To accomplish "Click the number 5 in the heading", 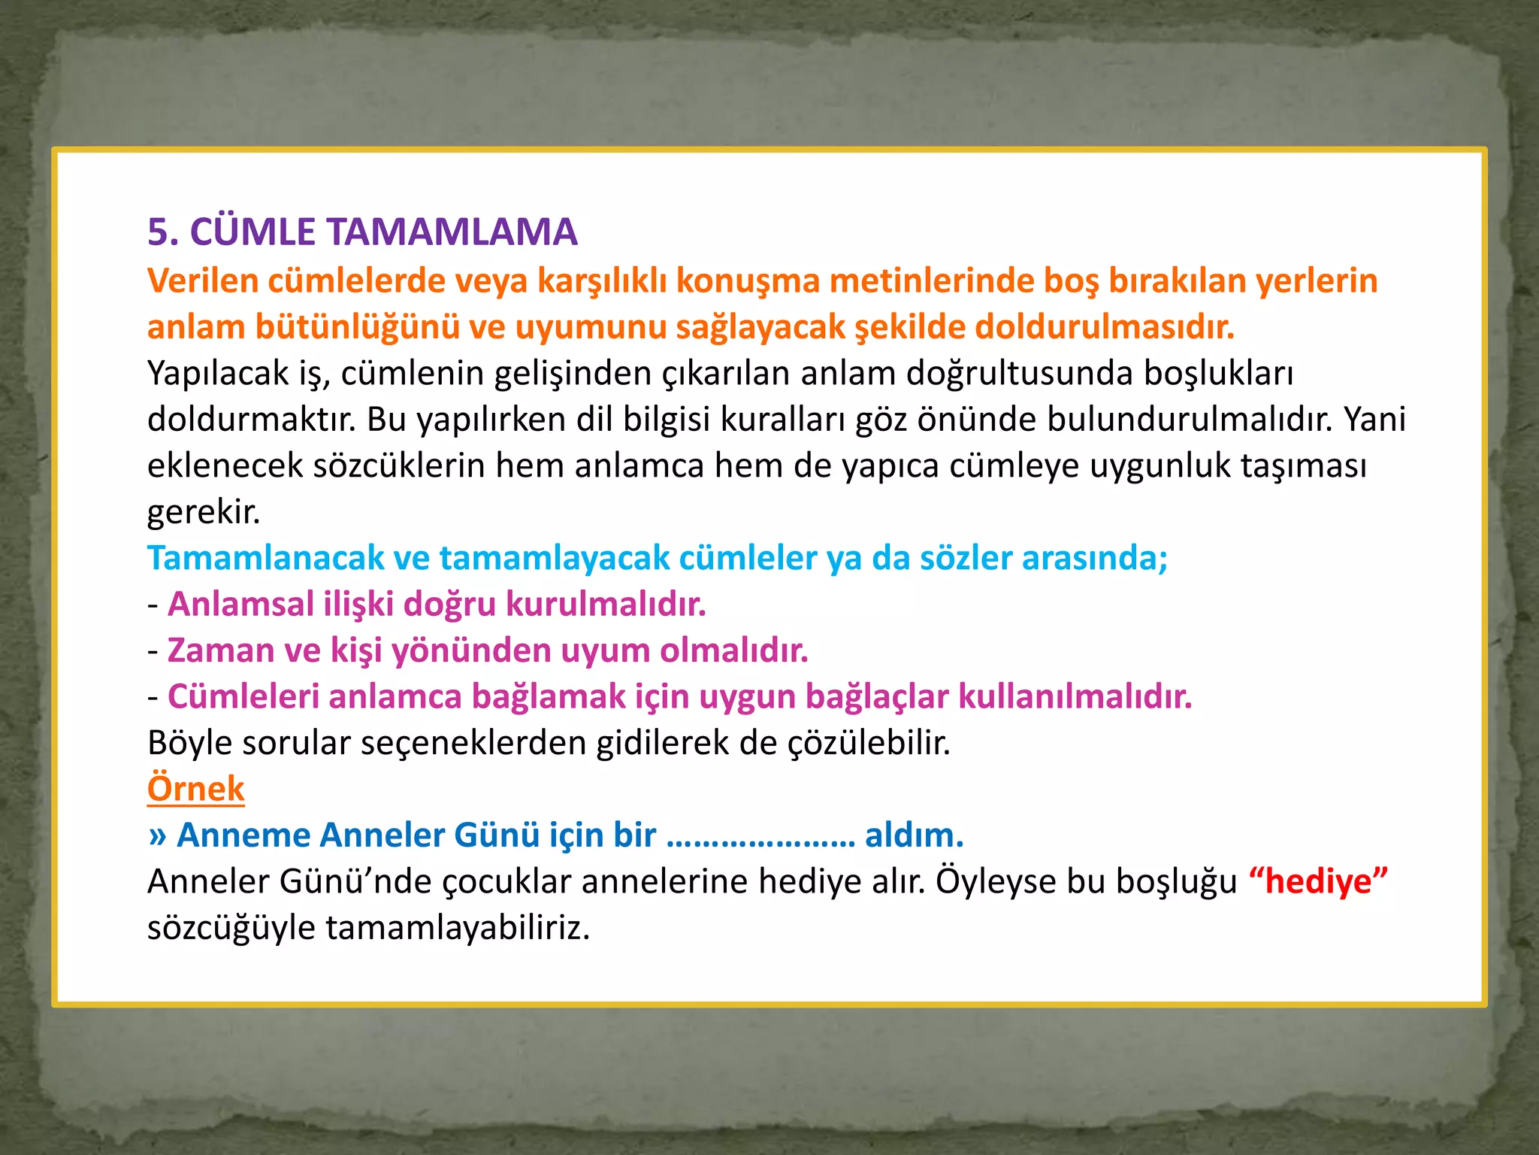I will [x=158, y=232].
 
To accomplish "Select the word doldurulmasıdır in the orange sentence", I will [x=1105, y=327].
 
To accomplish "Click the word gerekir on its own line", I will [x=204, y=513].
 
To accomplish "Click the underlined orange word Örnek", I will [x=195, y=790].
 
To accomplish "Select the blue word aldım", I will [x=914, y=835].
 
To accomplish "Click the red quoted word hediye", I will [x=1318, y=882].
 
